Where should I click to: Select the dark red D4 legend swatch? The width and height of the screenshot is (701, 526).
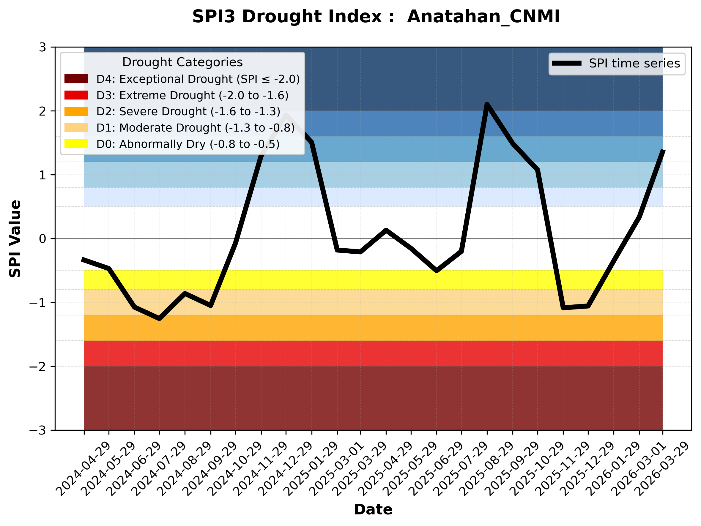tap(76, 79)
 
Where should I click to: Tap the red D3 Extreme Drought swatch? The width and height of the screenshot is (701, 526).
tap(76, 95)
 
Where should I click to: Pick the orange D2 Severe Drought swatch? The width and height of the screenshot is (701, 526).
tap(76, 111)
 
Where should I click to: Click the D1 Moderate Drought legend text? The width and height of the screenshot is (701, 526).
tap(196, 128)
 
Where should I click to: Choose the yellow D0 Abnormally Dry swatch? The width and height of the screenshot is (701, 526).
tap(76, 144)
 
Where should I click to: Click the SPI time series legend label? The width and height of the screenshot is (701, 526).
tap(634, 64)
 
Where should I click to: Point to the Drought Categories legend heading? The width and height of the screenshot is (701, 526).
tap(182, 62)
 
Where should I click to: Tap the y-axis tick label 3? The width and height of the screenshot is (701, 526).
tap(42, 48)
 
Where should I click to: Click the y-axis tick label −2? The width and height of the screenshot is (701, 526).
tap(38, 367)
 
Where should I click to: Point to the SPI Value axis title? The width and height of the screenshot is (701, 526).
tap(15, 239)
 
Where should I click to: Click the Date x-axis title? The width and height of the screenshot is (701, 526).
tap(373, 510)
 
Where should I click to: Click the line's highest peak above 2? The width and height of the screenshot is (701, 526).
tap(487, 105)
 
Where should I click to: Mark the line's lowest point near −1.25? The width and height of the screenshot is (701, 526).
tap(159, 319)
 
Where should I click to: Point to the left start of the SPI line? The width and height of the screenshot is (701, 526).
tap(83, 259)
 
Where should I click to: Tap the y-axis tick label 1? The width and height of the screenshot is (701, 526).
tap(42, 175)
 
